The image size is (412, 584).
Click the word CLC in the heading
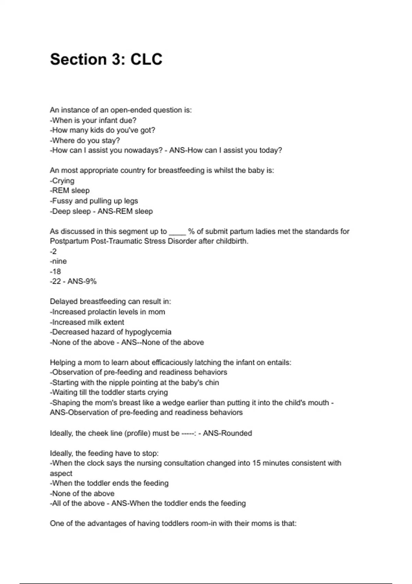146,59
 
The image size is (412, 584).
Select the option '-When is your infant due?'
93,121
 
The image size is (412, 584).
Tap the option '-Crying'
62,181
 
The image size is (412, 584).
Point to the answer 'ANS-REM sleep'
125,211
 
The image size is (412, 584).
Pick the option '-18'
56,271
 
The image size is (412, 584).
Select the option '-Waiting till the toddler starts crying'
109,392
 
